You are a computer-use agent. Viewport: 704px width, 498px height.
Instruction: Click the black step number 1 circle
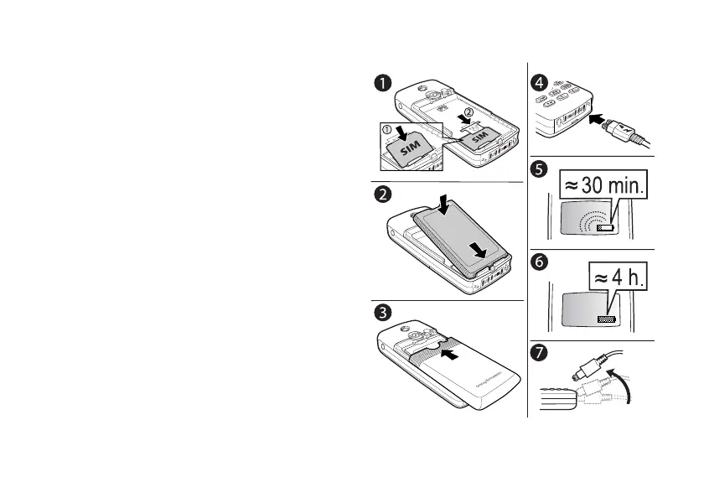(381, 83)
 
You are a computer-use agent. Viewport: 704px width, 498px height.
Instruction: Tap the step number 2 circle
(381, 194)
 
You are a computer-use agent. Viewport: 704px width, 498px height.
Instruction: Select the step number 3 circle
(381, 312)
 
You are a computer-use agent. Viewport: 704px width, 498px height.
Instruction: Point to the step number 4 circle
(540, 83)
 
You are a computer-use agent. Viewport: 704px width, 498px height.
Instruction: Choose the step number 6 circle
(540, 262)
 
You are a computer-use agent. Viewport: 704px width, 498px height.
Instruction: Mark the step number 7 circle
(540, 353)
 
